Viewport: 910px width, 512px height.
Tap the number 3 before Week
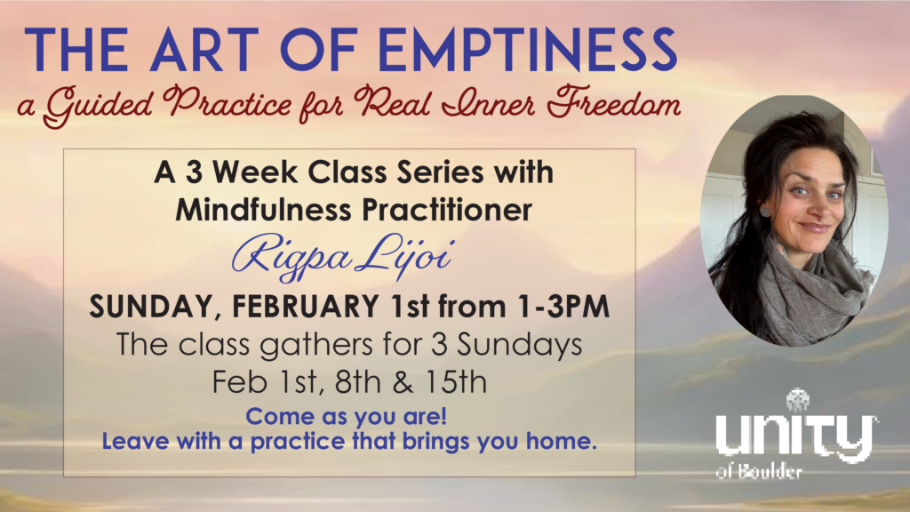point(194,172)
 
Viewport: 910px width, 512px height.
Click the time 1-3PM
point(563,306)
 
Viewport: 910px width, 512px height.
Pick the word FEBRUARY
point(306,306)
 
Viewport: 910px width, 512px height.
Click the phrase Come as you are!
point(347,416)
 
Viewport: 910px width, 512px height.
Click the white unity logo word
point(795,436)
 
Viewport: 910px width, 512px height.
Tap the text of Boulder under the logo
point(759,471)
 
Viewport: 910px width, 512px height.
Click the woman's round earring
point(765,212)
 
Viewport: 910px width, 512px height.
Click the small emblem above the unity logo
point(798,401)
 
